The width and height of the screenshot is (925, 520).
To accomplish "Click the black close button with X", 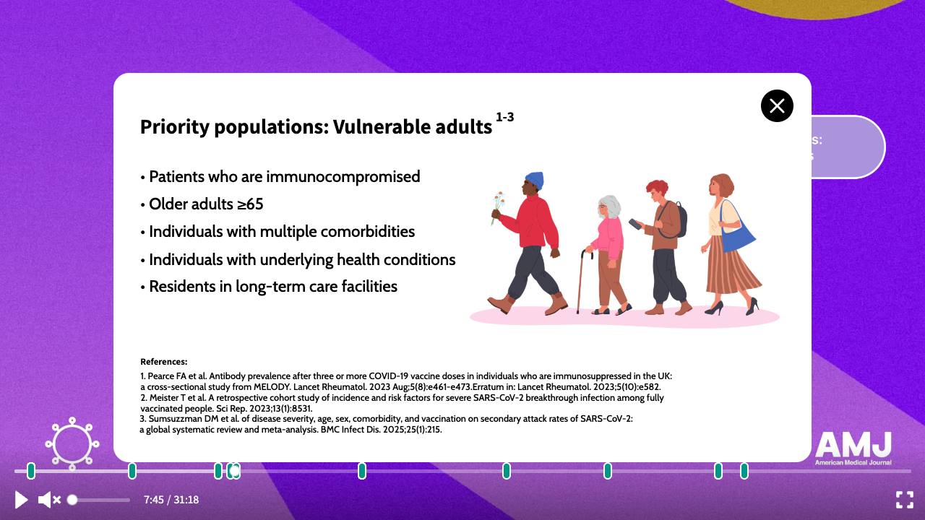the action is [x=777, y=105].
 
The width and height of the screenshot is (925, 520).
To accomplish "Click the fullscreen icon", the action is [x=904, y=500].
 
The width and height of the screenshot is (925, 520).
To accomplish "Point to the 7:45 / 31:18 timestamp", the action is [x=171, y=500].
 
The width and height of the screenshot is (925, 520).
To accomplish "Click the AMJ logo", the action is [x=853, y=448].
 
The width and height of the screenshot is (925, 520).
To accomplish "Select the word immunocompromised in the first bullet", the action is [x=343, y=177].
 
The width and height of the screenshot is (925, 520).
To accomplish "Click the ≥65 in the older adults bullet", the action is [x=250, y=204].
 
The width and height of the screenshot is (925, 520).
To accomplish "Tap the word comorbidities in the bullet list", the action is [x=368, y=232].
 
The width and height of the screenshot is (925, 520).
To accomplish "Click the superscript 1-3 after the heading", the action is [x=504, y=117].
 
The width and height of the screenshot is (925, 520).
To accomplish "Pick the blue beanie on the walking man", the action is [x=534, y=181].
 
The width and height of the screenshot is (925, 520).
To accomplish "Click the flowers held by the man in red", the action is [x=498, y=207].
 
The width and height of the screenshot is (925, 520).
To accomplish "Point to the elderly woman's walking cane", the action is [x=582, y=282].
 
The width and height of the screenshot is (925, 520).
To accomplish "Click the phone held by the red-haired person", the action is [x=635, y=224].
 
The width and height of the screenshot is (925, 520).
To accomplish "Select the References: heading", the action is [x=163, y=362].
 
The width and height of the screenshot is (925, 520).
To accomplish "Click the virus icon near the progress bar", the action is [x=72, y=443].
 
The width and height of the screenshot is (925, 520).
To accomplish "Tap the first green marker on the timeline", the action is [x=31, y=471].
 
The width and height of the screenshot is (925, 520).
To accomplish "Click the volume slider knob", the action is [x=72, y=500].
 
